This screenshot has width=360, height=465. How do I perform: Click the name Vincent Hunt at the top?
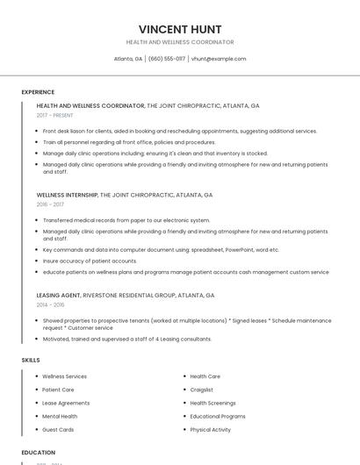(180, 29)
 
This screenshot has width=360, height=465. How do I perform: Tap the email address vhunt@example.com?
(219, 59)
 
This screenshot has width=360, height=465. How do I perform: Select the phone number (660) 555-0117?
(167, 59)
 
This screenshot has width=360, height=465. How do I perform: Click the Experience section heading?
(38, 92)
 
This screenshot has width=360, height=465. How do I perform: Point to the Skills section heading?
(31, 360)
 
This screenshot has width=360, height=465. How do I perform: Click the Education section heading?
(39, 453)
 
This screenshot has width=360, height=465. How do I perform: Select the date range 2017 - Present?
(55, 115)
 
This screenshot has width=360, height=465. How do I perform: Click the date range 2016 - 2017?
(50, 204)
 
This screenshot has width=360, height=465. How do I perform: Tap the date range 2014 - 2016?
(50, 305)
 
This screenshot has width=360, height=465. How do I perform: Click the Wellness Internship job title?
(68, 195)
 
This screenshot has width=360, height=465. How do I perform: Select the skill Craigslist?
(203, 390)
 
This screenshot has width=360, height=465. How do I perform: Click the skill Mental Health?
(60, 417)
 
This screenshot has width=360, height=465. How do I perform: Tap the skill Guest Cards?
(58, 430)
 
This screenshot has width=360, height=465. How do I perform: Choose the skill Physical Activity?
(210, 430)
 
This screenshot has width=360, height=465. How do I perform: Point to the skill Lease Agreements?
(66, 403)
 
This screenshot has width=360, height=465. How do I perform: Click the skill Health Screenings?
(213, 403)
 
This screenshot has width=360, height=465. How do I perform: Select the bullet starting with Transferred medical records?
(126, 220)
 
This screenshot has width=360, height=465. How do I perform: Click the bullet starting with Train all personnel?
(129, 142)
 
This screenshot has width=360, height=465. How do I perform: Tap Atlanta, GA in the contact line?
(128, 59)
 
